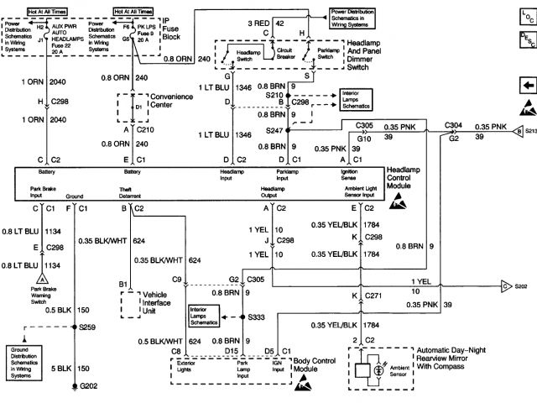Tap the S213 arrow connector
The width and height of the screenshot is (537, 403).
(522, 130)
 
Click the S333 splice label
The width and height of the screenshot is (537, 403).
(259, 317)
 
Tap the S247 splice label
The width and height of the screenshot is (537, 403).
(274, 131)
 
